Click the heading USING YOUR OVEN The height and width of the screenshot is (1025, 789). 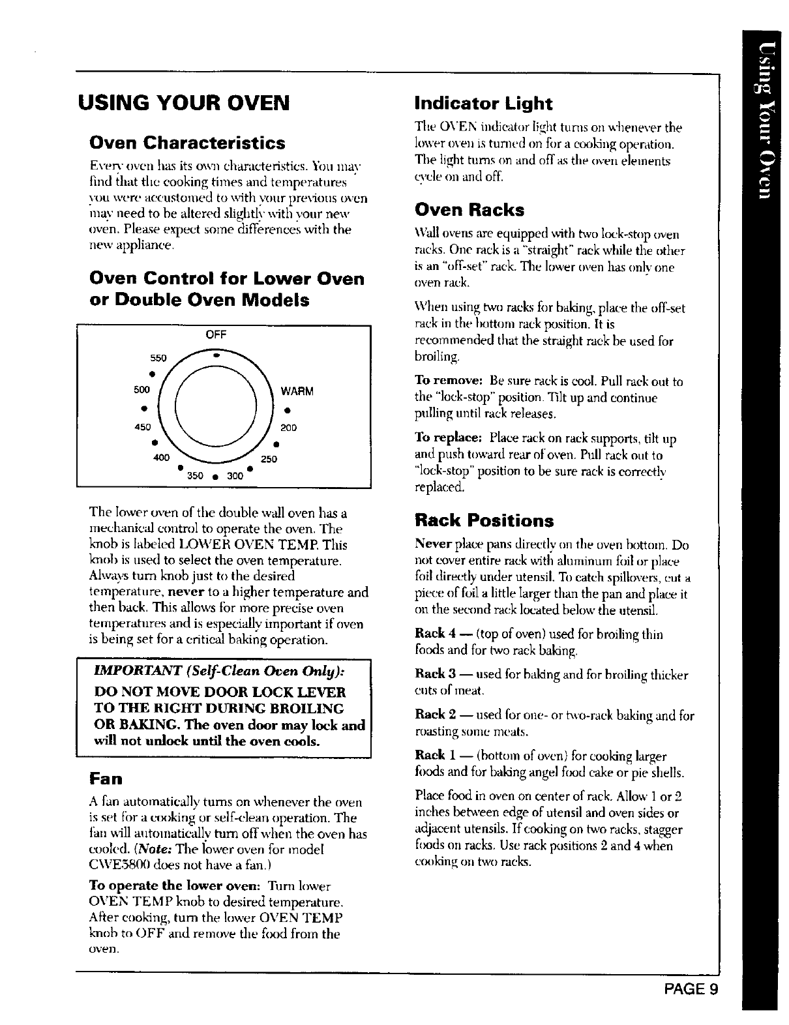tap(183, 103)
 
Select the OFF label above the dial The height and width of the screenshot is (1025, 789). tap(215, 334)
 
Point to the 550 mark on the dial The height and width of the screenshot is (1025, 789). tap(159, 359)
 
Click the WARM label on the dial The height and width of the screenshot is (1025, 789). tap(297, 392)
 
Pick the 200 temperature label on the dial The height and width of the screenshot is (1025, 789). tap(288, 428)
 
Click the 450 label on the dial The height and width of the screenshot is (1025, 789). tap(142, 427)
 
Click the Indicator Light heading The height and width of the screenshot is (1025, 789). tap(483, 104)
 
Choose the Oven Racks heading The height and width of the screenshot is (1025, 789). tap(469, 211)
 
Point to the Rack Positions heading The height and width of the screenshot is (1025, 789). tap(484, 521)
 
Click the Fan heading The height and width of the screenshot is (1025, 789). tap(106, 779)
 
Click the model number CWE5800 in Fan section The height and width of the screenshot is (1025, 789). tap(123, 865)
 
